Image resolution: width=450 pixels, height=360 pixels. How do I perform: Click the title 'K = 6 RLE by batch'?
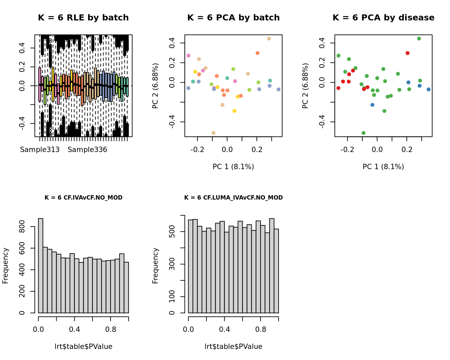83,18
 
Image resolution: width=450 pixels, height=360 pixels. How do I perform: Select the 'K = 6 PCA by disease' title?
383,18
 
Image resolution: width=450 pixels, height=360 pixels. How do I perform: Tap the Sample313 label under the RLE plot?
40,150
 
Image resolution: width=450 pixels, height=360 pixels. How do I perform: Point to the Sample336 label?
87,150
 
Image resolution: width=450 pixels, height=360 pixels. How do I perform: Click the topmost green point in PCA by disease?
419,39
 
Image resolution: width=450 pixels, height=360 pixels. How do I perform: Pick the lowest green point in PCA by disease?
364,133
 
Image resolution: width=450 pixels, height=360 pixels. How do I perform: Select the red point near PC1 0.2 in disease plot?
407,53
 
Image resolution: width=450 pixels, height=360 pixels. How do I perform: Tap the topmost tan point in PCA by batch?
269,39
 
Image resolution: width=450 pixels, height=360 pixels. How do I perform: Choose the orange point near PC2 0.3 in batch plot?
257,53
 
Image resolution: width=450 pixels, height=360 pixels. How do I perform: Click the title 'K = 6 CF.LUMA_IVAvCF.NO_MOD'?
233,198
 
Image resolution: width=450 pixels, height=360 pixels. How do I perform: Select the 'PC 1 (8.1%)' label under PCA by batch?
233,166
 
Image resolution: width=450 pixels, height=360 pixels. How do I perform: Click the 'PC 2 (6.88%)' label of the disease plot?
305,86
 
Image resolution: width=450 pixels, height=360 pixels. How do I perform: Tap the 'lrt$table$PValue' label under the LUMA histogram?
233,347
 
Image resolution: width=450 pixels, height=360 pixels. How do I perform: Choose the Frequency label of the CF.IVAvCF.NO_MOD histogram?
5,266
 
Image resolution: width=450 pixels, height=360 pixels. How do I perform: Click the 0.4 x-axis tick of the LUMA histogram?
225,329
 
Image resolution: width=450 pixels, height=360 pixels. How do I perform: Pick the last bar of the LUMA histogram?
276,271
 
